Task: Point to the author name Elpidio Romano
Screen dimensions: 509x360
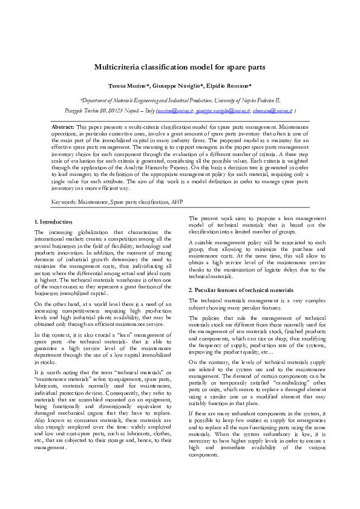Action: pos(228,86)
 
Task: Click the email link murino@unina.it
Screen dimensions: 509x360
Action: pos(175,111)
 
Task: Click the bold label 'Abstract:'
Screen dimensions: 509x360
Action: pos(63,128)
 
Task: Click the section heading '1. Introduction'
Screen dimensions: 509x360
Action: pos(53,222)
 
